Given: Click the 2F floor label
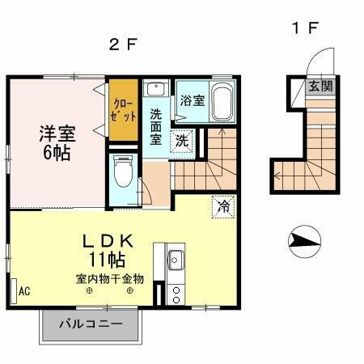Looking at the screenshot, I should (x=121, y=45).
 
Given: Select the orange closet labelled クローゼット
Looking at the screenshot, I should (x=124, y=109).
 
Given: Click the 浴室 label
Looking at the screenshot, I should (x=193, y=101).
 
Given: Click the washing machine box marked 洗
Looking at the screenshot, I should (x=184, y=138).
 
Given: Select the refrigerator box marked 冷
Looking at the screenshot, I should (x=222, y=206).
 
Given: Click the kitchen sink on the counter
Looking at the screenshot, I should (x=176, y=260).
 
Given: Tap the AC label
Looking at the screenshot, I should (x=24, y=290).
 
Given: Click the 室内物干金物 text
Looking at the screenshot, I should (x=110, y=279).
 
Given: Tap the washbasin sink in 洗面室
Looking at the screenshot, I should (x=157, y=89).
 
